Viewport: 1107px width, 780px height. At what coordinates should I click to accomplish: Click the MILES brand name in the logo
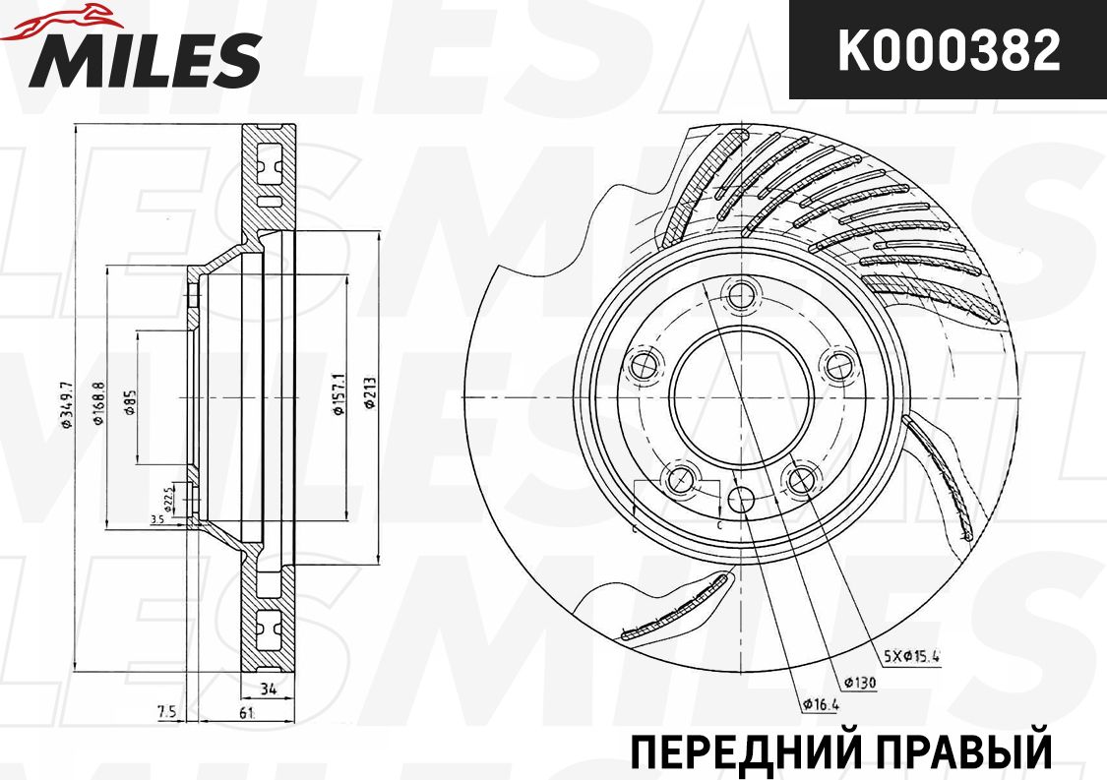click(148, 59)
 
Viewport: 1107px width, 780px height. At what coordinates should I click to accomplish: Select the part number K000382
click(948, 51)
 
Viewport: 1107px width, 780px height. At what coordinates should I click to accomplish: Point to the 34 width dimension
click(266, 688)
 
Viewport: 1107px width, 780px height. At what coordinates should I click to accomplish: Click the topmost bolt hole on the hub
click(739, 292)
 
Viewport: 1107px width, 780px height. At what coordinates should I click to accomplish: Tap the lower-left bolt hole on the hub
click(678, 480)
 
